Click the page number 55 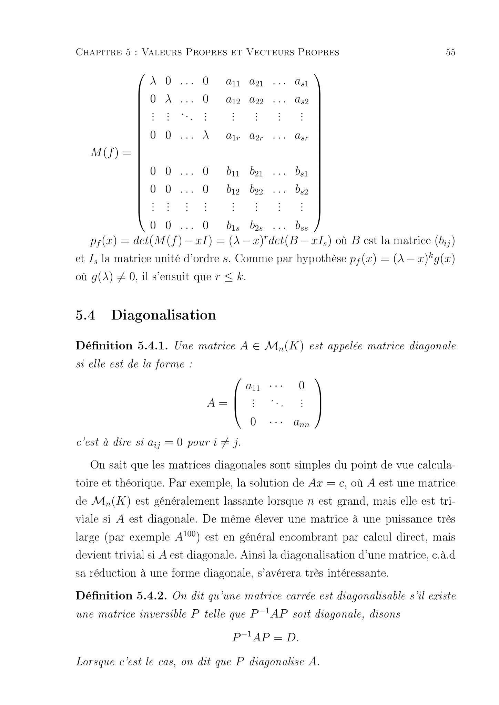click(450, 52)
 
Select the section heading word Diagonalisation click(163, 315)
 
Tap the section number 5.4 click(85, 315)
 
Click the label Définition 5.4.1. click(121, 346)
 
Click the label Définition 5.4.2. click(121, 596)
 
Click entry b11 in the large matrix click(233, 171)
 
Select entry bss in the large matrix click(301, 226)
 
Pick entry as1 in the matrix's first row click(301, 82)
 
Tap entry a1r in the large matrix click(233, 136)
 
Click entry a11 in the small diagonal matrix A click(253, 386)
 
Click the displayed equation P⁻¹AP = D click(265, 638)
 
